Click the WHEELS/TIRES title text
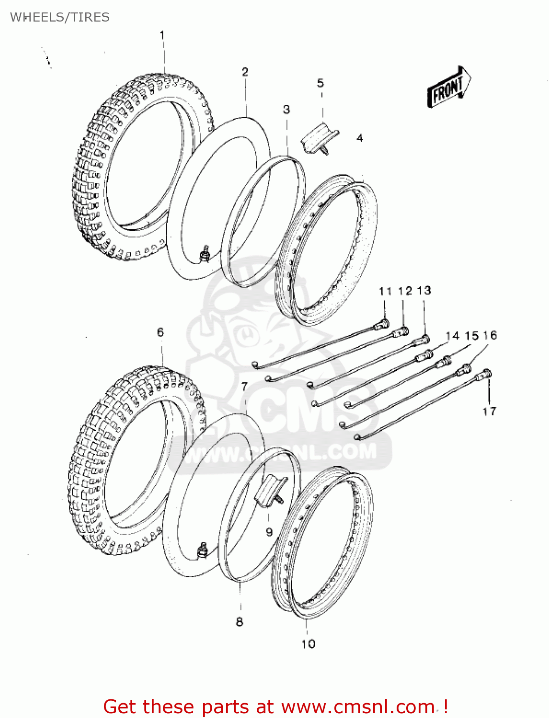pyautogui.click(x=60, y=17)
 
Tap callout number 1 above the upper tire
pyautogui.click(x=162, y=35)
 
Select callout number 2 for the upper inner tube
pyautogui.click(x=245, y=72)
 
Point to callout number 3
pyautogui.click(x=286, y=109)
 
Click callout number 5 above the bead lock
pyautogui.click(x=320, y=83)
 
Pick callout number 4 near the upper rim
pyautogui.click(x=360, y=138)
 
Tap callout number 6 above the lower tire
pyautogui.click(x=160, y=332)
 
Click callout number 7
pyautogui.click(x=244, y=386)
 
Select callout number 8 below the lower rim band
pyautogui.click(x=240, y=621)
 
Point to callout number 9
pyautogui.click(x=269, y=532)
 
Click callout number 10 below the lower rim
pyautogui.click(x=308, y=644)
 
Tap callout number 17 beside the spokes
pyautogui.click(x=489, y=411)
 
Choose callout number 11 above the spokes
pyautogui.click(x=385, y=291)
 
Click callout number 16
pyautogui.click(x=490, y=335)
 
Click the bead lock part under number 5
pyautogui.click(x=319, y=139)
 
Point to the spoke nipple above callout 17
pyautogui.click(x=486, y=374)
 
